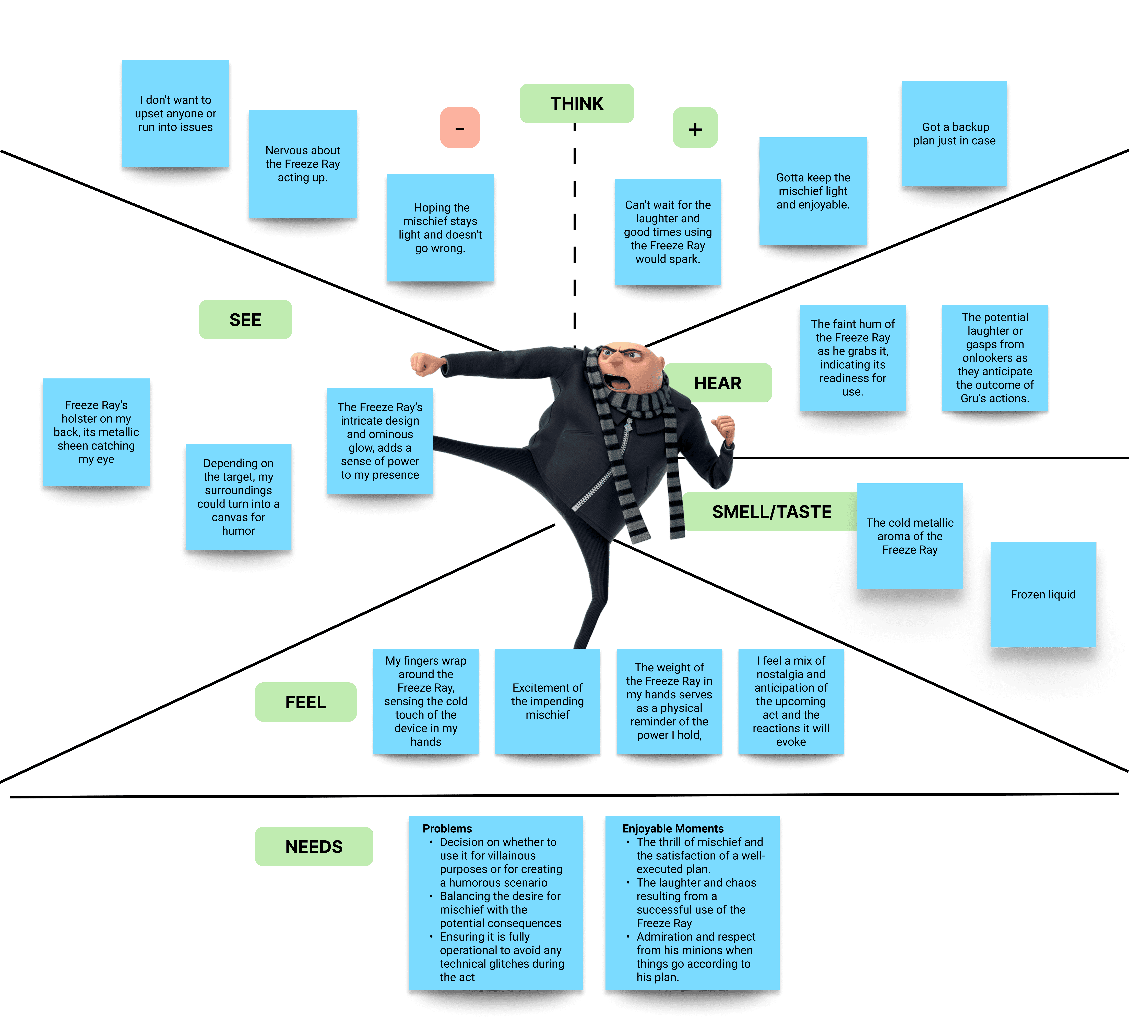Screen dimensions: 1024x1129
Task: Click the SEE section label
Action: (245, 320)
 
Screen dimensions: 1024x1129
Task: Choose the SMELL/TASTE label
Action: (771, 512)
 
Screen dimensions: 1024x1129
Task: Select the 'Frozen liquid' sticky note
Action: (1043, 595)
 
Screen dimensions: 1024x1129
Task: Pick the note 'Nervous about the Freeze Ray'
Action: (302, 164)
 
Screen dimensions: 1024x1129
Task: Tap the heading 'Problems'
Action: (447, 829)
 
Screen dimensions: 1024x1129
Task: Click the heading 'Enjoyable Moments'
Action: (673, 829)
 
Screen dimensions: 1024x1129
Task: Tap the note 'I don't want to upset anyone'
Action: (175, 114)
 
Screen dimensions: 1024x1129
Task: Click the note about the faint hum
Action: (852, 358)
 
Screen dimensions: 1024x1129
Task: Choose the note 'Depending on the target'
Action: (238, 497)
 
